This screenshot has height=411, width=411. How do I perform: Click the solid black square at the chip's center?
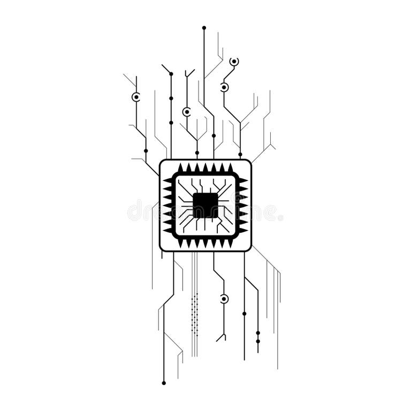205,205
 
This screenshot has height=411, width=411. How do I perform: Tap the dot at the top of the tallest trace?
204,27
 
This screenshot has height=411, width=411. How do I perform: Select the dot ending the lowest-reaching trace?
164,383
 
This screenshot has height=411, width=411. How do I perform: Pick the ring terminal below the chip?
224,299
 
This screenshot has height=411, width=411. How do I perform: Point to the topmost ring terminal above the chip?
234,62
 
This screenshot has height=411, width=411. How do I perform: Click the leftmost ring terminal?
136,97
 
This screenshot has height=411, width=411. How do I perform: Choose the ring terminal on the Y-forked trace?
186,112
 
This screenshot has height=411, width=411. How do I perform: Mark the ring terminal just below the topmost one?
224,87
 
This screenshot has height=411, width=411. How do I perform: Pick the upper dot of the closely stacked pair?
257,333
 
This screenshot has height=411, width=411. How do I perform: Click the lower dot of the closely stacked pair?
257,341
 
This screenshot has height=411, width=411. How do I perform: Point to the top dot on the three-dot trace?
171,74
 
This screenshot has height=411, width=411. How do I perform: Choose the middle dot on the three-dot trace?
171,98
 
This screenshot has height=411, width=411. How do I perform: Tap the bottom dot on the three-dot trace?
171,123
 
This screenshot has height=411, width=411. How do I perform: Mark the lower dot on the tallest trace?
214,135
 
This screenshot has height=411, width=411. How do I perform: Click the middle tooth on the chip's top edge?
205,168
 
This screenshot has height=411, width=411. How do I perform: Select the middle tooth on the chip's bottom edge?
205,243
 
